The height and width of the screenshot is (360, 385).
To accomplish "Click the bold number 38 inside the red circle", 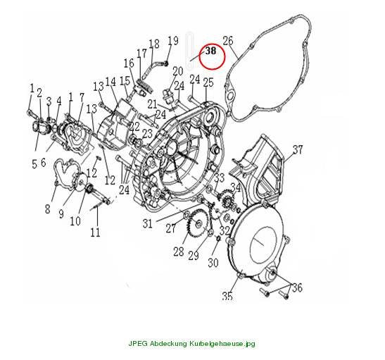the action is [x=211, y=51].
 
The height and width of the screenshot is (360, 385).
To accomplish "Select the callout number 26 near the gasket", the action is [x=228, y=41].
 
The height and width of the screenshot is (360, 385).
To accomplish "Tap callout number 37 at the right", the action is [x=298, y=149].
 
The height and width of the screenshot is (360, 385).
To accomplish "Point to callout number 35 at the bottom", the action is [x=227, y=296].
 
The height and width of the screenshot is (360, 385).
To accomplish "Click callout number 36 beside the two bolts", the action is [x=297, y=287].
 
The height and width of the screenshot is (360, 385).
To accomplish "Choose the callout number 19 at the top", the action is [x=173, y=41].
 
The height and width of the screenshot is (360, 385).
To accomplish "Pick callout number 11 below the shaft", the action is [x=95, y=232].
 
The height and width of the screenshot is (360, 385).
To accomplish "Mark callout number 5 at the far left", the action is [x=34, y=164].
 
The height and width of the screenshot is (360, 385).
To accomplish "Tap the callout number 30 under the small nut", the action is [x=213, y=263].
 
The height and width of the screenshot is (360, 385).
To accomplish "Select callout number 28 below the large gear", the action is [x=179, y=252].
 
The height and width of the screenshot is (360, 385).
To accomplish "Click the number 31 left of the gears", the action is [x=147, y=224].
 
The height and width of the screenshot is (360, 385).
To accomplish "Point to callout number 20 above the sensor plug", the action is [x=178, y=71].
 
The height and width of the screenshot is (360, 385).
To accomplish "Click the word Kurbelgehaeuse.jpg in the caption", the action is [x=222, y=343].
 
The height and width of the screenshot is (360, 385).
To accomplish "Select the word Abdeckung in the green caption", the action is [x=168, y=343].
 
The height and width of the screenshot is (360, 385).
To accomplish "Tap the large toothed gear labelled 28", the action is [x=198, y=223].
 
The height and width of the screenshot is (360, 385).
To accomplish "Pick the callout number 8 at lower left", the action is [x=47, y=209].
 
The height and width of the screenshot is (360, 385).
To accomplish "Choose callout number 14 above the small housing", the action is [x=111, y=82].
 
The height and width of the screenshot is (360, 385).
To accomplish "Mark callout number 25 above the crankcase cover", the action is [x=208, y=82].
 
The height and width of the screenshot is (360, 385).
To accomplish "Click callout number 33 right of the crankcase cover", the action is [x=220, y=178].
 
